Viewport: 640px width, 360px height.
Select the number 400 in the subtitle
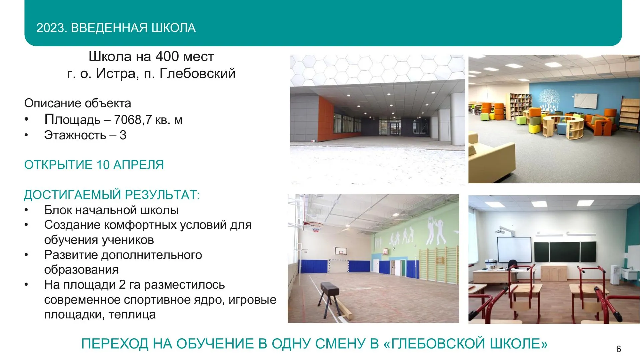(167, 57)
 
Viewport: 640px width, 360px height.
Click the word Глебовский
(197, 74)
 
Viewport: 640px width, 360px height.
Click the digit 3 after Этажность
(123, 135)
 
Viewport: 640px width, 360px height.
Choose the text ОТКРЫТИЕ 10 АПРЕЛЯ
(94, 165)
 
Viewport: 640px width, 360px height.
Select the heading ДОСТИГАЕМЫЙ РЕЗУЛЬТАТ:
(112, 195)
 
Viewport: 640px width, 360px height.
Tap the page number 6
(619, 349)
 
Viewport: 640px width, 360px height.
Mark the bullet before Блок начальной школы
(26, 210)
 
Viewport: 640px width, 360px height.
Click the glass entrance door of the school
(395, 129)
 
